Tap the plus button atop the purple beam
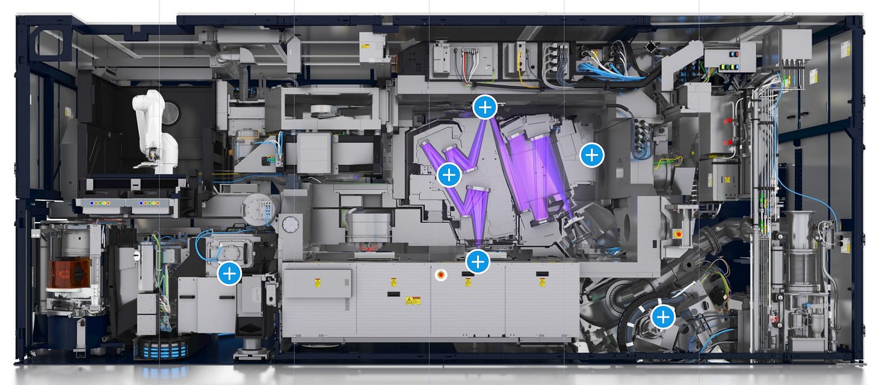(x=485, y=107)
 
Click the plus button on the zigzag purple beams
(x=449, y=175)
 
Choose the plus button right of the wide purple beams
(x=591, y=155)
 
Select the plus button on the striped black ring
(x=663, y=316)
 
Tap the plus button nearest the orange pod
(x=229, y=274)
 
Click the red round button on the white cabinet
(x=441, y=275)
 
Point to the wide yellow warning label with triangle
(x=413, y=300)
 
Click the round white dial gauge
(x=290, y=226)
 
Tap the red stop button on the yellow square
(x=678, y=233)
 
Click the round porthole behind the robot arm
(x=171, y=112)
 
